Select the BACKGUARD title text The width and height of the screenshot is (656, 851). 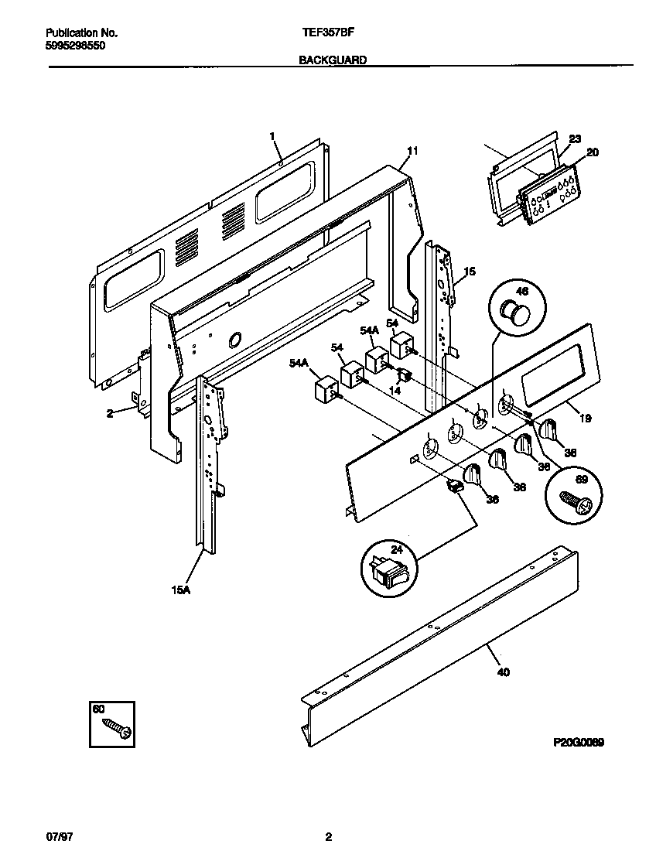click(x=333, y=59)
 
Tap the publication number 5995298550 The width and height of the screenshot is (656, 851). click(x=71, y=46)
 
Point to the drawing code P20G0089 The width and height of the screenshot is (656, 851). click(x=578, y=742)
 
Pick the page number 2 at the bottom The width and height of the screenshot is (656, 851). click(x=328, y=837)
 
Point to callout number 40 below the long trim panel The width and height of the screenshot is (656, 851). click(x=503, y=672)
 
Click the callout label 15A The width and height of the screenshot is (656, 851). click(x=180, y=590)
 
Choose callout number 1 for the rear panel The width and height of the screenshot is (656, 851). click(x=272, y=136)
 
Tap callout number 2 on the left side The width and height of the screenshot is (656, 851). click(x=110, y=413)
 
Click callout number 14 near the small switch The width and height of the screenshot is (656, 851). click(x=395, y=391)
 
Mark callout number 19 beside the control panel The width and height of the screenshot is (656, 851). click(x=585, y=419)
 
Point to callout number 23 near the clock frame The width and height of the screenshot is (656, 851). click(x=575, y=139)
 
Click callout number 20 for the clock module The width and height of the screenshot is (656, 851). click(x=592, y=153)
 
